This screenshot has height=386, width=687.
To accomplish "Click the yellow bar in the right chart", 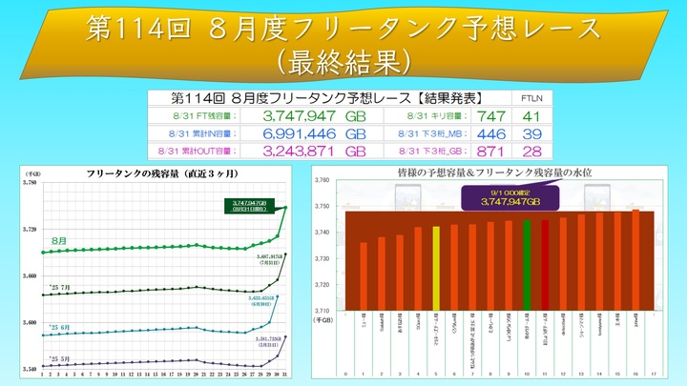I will pos(436,267).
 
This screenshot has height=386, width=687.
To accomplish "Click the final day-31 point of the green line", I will pos(285,208).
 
